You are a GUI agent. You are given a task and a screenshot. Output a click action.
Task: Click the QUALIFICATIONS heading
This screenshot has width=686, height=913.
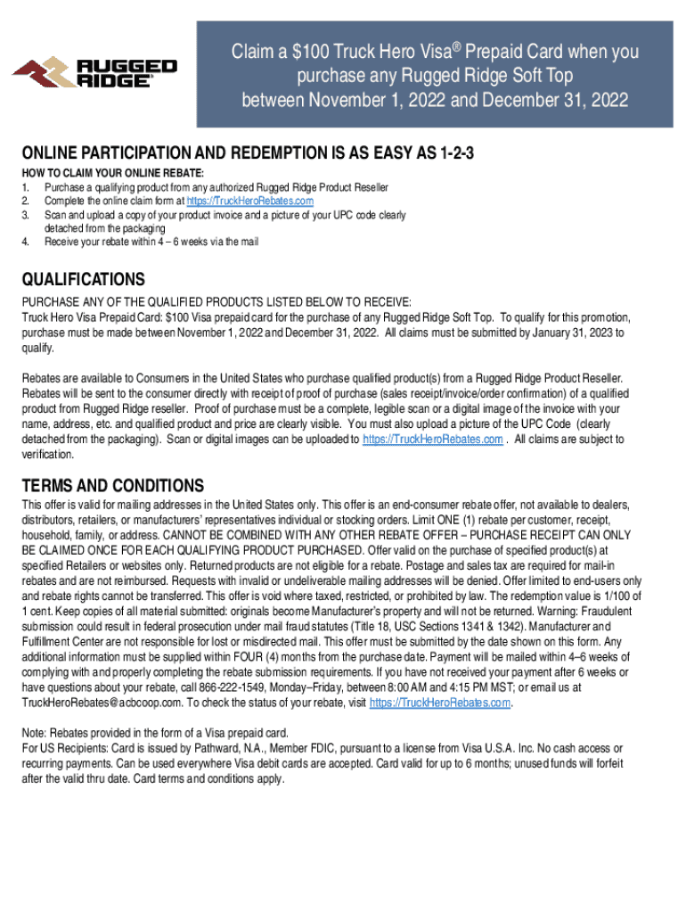click(x=84, y=279)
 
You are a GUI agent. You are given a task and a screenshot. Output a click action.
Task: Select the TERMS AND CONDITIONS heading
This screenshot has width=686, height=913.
click(x=113, y=486)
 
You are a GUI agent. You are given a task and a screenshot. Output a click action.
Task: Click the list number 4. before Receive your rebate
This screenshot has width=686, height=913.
click(x=27, y=242)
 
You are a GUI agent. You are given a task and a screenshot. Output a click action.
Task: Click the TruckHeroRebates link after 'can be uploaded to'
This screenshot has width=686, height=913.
click(x=433, y=440)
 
